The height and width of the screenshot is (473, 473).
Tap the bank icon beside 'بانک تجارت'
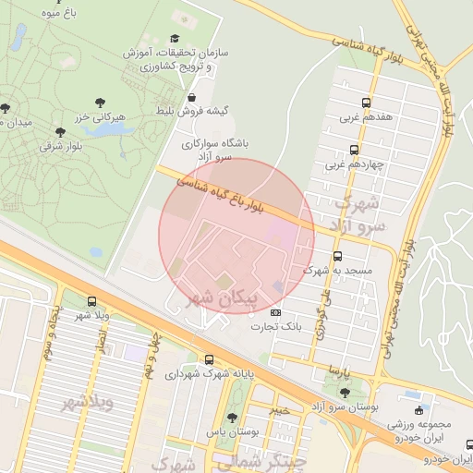point(273,314)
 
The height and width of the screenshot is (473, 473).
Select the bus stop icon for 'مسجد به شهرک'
point(336,256)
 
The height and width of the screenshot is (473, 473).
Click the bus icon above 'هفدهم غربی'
point(367,103)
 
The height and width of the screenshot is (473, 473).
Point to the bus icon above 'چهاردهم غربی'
point(354,150)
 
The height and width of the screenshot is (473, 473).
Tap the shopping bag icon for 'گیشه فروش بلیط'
point(191,96)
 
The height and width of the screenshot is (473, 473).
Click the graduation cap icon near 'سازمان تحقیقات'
point(175,38)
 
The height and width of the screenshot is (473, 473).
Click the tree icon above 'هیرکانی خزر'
point(100,103)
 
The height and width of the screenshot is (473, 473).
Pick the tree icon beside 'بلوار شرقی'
point(60,132)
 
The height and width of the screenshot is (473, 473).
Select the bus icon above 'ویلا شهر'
point(91,301)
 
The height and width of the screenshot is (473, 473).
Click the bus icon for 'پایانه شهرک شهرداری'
point(209,360)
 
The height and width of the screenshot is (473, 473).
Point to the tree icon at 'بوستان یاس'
point(232,418)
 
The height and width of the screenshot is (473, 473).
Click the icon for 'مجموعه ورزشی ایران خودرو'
point(420,408)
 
